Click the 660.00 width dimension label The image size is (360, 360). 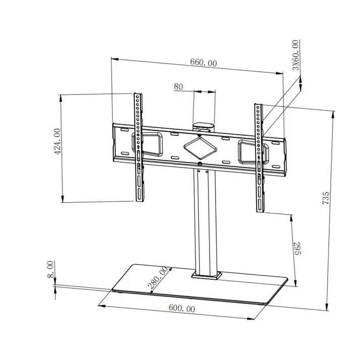point(203,63)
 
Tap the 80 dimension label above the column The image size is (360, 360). point(178,86)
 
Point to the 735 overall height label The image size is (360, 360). point(326,197)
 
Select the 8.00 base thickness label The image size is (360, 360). point(49,269)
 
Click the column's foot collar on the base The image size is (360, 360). point(206,276)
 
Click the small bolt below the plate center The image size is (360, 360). point(200,164)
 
